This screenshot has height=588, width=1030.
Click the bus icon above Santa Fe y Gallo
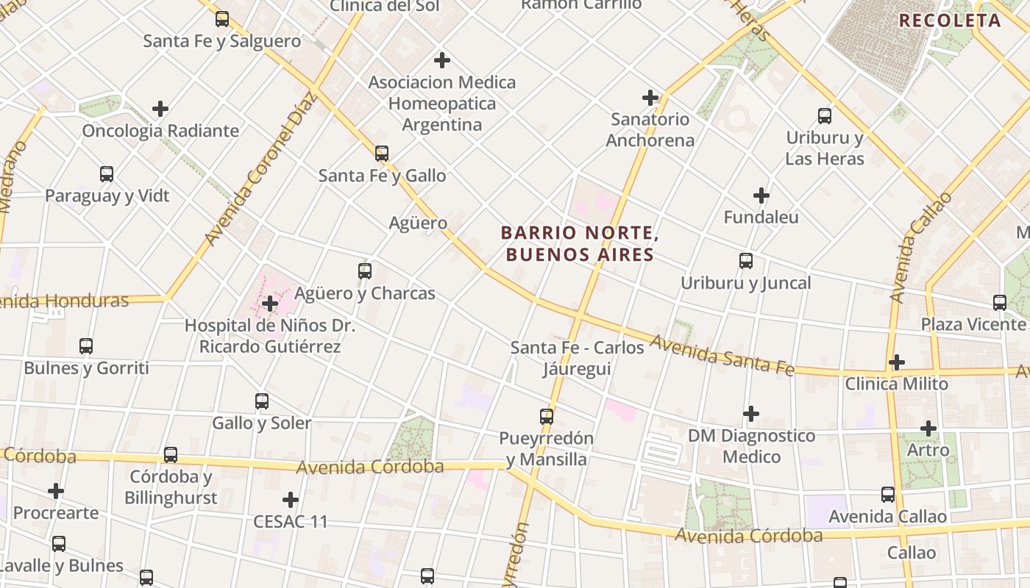381,153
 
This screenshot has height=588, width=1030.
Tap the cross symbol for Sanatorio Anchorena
650,97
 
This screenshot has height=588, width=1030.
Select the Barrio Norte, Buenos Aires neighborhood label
578,244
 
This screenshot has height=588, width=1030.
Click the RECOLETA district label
950,21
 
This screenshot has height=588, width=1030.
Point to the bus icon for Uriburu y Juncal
746,260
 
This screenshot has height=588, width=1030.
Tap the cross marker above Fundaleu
761,196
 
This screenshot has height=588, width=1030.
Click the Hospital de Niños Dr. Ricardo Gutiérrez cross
270,303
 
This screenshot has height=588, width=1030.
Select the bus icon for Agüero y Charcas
365,270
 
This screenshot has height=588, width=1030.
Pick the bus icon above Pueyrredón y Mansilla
547,416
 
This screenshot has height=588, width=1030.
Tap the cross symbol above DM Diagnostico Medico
751,414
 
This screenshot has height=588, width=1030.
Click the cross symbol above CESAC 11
291,500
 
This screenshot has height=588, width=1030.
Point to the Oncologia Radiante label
160,131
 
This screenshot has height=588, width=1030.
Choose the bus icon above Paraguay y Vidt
107,174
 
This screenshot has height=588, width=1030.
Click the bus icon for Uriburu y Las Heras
825,115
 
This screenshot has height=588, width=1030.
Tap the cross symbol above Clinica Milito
896,362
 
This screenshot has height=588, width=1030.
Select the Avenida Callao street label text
918,249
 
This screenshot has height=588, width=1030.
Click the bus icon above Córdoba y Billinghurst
171,454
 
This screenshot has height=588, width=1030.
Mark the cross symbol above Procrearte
56,490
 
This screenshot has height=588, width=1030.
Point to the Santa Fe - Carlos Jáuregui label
578,357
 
